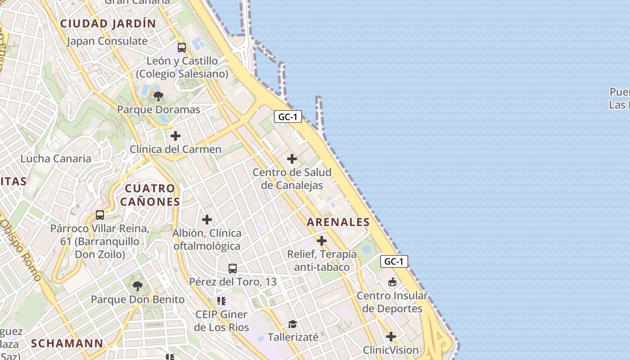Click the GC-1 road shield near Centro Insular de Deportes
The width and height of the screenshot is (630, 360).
(x=394, y=261)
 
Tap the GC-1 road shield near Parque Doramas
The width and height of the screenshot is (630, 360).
(x=288, y=117)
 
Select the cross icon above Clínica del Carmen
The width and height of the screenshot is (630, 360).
(x=175, y=136)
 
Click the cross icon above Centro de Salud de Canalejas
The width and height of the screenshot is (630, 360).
(x=292, y=159)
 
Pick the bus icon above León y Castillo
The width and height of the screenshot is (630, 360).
(x=182, y=48)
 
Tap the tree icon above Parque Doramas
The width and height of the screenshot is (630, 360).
(x=158, y=96)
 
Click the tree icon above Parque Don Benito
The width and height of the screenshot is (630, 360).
(x=138, y=286)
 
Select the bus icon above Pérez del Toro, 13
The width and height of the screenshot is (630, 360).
(x=233, y=269)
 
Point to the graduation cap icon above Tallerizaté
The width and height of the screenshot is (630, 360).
(x=293, y=324)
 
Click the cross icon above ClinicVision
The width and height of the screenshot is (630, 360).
(x=391, y=337)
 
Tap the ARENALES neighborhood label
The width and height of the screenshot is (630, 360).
(x=338, y=222)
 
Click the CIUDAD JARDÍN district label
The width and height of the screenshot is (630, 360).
(x=108, y=24)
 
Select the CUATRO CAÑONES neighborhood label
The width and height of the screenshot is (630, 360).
(x=150, y=195)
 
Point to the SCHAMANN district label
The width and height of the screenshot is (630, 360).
(x=67, y=343)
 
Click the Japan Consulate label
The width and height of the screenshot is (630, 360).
(x=107, y=41)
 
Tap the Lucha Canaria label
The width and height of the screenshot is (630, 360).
(x=56, y=158)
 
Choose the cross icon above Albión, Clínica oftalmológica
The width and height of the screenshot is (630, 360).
(x=207, y=220)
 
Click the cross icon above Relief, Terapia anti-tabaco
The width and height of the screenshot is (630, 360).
(x=322, y=241)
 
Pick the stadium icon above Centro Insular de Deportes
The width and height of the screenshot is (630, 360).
(x=392, y=282)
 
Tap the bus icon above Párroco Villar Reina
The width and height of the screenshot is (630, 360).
(x=100, y=215)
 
